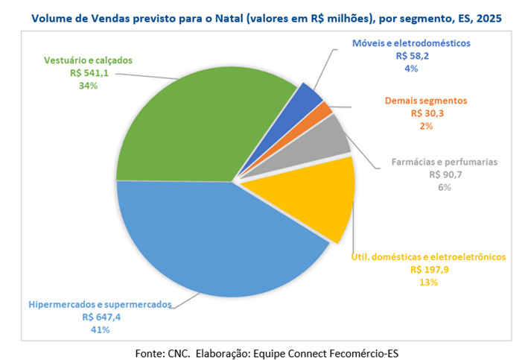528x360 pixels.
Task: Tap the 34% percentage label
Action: [89, 86]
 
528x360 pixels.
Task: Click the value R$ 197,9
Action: [428, 269]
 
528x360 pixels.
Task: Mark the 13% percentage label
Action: [428, 282]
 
